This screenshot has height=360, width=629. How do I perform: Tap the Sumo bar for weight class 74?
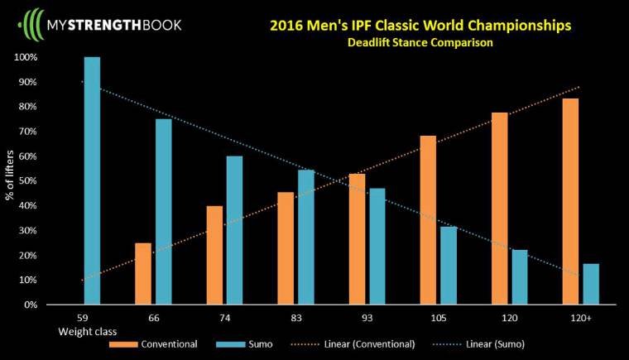coord(234,230)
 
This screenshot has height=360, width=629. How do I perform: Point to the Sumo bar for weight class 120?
coord(519,277)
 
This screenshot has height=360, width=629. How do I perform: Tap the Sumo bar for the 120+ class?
coord(590,284)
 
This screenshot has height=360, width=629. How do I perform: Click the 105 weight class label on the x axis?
coord(438,318)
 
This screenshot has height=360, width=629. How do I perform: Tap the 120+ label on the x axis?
coord(580,318)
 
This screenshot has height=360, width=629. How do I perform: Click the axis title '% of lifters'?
coord(11,180)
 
